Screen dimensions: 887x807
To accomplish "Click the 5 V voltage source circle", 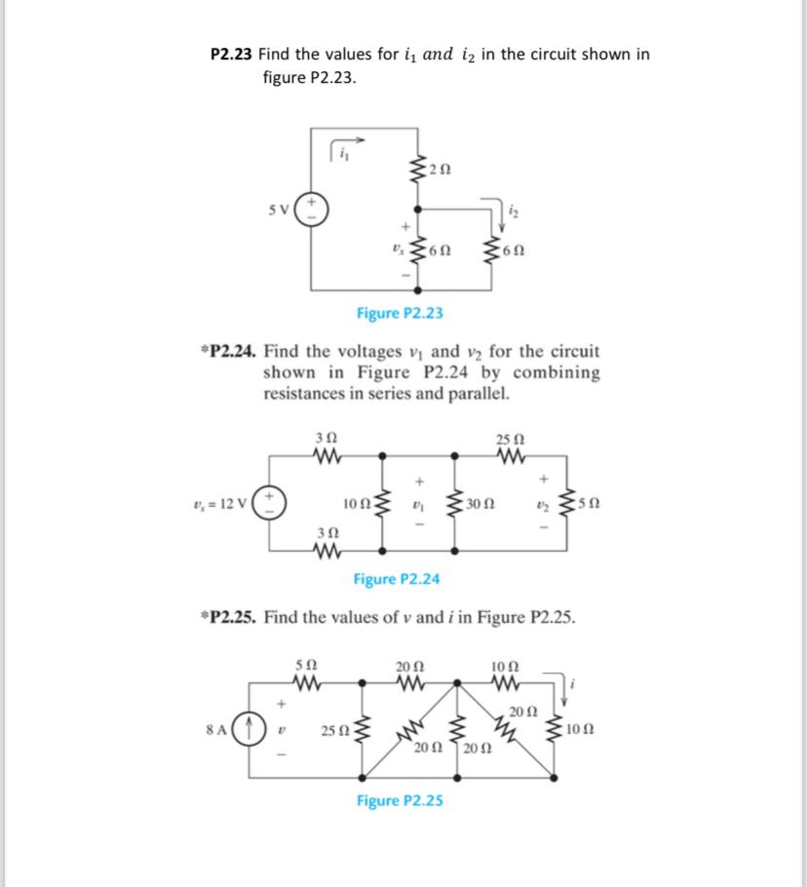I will coord(313,208).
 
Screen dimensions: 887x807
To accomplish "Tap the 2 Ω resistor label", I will coord(441,172).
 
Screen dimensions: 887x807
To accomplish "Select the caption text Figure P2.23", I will coord(400,313).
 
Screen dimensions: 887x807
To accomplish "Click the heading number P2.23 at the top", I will coord(232,55).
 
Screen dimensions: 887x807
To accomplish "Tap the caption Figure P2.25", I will coord(400,801).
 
